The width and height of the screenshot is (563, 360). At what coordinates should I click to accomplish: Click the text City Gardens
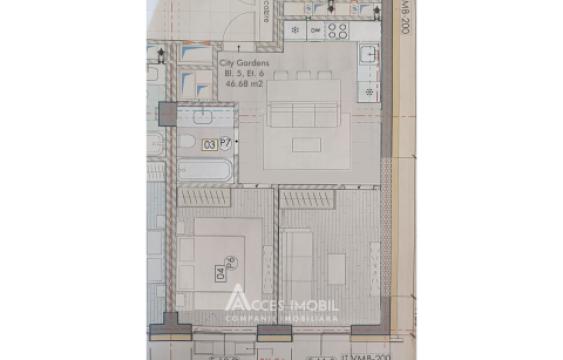(x=238, y=62)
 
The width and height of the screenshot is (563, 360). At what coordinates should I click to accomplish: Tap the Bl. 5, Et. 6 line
(x=238, y=72)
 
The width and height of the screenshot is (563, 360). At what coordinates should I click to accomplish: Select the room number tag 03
(x=209, y=144)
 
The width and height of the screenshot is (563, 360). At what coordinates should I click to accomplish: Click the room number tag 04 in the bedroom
(x=218, y=269)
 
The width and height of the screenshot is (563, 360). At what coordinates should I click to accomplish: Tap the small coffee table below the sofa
(x=306, y=144)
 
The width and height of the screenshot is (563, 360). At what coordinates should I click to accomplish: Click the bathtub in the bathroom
(x=206, y=170)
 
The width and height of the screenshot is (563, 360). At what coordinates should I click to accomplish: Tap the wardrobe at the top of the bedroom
(x=205, y=198)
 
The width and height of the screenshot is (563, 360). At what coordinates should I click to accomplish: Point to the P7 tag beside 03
(x=225, y=144)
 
